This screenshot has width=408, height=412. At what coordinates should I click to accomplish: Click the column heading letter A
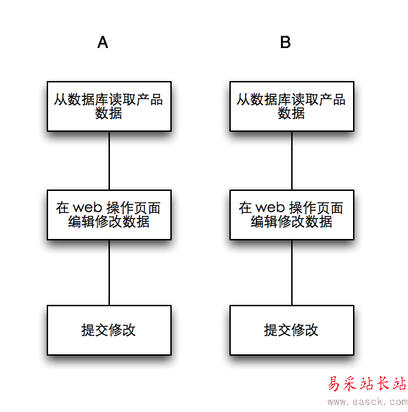102,42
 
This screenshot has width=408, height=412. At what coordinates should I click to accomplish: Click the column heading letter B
285,42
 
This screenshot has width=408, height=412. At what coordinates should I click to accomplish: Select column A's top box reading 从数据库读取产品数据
109,106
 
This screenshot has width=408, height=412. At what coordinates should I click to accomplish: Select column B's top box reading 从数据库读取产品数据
292,106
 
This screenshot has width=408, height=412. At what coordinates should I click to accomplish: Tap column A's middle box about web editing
109,215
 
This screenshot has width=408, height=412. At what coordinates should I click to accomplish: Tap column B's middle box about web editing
292,215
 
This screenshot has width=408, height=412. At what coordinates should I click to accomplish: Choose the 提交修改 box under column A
109,330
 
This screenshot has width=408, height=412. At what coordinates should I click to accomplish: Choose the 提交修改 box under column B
292,330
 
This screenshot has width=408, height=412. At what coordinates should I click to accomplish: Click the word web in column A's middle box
87,207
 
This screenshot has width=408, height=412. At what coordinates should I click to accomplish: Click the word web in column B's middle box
270,207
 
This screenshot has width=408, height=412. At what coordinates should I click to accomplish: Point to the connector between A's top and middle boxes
109,161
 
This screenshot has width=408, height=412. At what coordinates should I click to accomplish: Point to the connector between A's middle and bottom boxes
109,273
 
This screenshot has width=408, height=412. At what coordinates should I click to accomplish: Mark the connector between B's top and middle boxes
292,161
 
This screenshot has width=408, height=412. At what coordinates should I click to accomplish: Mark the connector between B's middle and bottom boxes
292,273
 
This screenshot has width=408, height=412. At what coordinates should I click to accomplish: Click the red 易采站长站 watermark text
367,384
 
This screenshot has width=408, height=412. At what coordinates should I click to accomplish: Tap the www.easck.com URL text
367,402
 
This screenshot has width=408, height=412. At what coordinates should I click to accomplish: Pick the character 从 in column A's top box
60,100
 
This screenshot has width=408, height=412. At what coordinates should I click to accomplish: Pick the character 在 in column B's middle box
245,208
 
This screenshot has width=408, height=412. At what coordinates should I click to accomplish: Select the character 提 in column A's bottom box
88,330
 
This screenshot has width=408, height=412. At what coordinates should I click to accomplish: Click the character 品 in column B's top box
339,100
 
